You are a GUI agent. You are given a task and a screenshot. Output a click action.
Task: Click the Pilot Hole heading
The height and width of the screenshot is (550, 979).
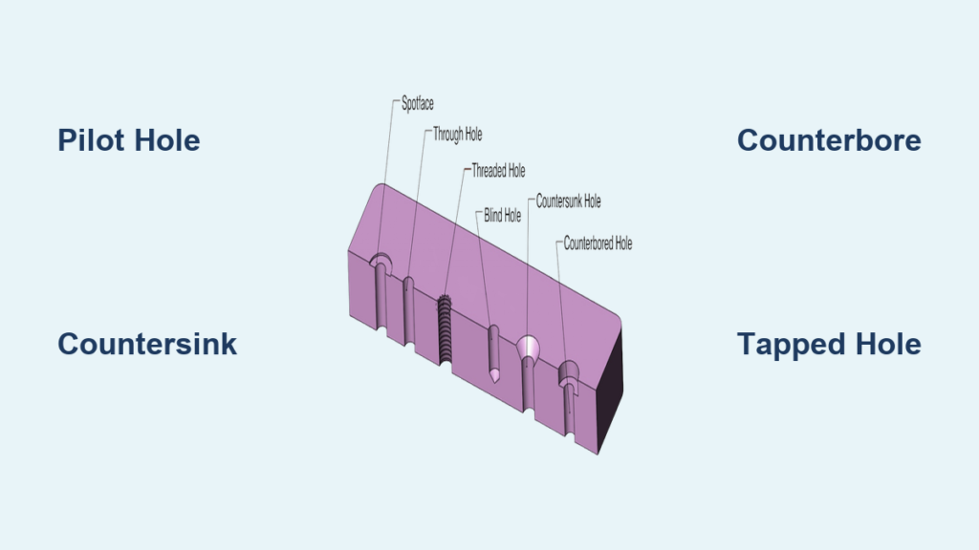tap(128, 141)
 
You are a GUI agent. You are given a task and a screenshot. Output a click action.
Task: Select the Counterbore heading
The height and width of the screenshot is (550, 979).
tap(829, 141)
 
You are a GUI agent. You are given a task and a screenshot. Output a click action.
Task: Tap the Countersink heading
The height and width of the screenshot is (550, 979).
tap(146, 344)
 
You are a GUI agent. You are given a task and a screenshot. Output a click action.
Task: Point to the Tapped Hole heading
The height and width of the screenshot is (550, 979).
tap(829, 344)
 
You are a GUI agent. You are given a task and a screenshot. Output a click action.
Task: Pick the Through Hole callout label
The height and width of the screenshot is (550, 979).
tap(458, 136)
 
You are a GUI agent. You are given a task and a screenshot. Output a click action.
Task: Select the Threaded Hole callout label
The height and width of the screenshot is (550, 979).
tap(497, 172)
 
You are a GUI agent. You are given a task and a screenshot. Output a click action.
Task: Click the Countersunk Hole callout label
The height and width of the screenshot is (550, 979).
tap(568, 201)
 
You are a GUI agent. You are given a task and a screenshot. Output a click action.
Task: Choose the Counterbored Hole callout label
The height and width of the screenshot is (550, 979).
tap(598, 243)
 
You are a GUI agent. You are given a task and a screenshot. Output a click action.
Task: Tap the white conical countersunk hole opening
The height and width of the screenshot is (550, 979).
tap(527, 347)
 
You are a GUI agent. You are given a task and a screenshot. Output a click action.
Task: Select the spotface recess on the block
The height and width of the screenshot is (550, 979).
tap(381, 262)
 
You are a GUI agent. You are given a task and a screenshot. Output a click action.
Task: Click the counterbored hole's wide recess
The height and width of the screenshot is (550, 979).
tap(569, 370)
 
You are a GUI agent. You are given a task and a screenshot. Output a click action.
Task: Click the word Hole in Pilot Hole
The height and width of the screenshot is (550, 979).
tap(165, 141)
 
